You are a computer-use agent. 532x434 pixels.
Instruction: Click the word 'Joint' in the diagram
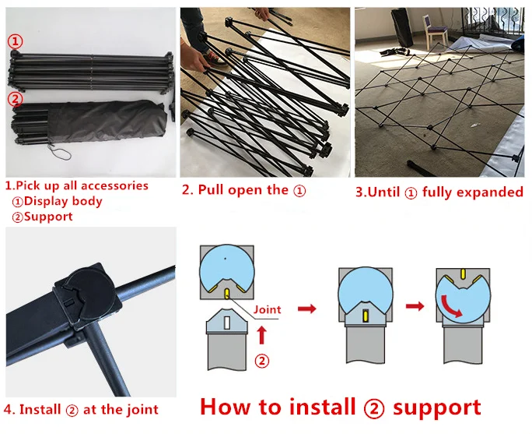click(268, 309)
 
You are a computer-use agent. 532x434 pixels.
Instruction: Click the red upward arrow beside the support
click(261, 335)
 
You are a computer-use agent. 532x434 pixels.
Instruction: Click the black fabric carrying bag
click(107, 122)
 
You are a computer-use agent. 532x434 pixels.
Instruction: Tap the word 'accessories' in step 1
click(114, 185)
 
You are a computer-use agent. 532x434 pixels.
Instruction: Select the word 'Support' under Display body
click(48, 217)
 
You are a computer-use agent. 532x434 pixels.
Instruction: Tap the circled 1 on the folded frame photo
click(16, 41)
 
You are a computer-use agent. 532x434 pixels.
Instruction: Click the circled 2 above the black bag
click(16, 99)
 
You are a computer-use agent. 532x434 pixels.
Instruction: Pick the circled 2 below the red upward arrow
click(261, 361)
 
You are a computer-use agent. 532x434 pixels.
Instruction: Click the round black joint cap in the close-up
click(89, 290)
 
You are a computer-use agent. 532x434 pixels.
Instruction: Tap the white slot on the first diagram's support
click(227, 323)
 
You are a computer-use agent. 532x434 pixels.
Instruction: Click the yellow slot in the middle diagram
click(366, 316)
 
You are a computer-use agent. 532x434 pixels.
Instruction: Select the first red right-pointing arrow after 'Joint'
click(307, 309)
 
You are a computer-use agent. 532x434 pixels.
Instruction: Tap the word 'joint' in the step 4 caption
click(142, 410)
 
